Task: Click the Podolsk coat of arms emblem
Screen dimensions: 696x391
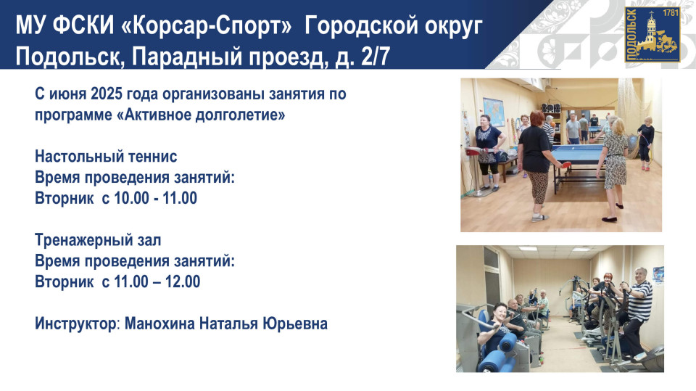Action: pos(652,35)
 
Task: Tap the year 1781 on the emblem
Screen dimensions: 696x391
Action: pos(670,13)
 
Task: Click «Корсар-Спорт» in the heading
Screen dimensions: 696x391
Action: pos(207,26)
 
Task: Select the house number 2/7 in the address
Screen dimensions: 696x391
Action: pos(376,57)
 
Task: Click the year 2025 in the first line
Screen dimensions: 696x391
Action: pos(106,94)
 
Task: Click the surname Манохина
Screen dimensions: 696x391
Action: pos(159,324)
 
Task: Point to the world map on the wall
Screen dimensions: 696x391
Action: pos(493,112)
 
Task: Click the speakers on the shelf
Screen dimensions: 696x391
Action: pos(550,107)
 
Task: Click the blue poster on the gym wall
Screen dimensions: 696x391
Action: pos(658,275)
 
